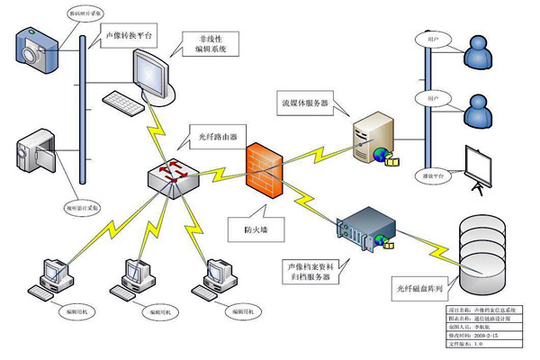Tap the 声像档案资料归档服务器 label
point(310,273)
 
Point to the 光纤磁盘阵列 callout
point(422,288)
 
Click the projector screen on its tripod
point(478,167)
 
